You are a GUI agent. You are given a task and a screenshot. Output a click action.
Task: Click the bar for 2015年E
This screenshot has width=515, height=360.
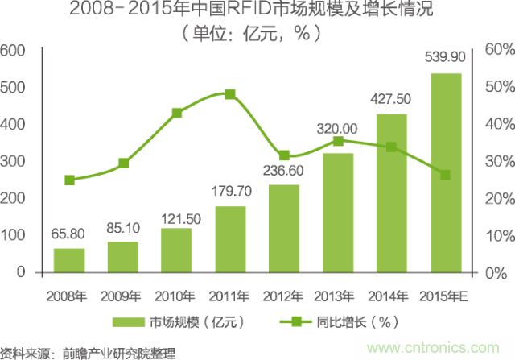[445, 172]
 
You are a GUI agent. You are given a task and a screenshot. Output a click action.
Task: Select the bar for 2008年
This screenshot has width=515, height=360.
[69, 260]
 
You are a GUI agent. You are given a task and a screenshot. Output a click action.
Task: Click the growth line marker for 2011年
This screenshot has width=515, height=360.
[230, 94]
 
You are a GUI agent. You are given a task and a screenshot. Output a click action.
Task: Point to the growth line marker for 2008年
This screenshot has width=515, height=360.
[70, 180]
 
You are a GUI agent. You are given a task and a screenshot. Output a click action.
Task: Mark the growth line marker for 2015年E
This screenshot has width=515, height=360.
[445, 175]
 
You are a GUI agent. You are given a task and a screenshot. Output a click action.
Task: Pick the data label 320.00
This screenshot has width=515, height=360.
[337, 128]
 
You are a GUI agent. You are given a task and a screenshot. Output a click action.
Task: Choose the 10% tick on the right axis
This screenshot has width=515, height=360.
[494, 236]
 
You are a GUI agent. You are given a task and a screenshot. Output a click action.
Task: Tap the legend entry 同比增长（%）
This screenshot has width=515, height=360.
[354, 322]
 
